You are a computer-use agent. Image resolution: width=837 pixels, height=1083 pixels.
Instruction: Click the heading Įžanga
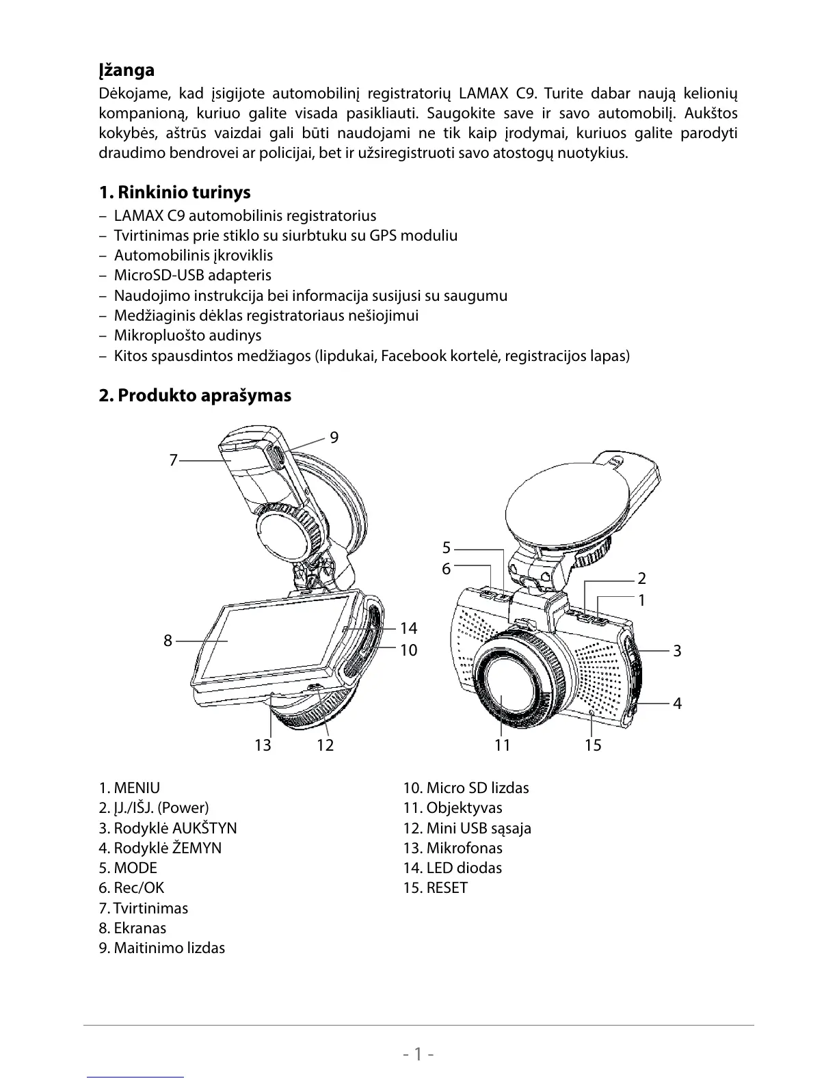127,70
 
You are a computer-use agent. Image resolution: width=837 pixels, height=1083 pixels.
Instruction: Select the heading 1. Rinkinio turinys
174,192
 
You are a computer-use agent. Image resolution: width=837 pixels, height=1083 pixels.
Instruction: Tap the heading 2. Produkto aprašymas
195,395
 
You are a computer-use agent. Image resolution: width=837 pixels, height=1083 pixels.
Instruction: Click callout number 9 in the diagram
334,437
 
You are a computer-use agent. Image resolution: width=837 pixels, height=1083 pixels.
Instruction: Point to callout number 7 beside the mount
173,460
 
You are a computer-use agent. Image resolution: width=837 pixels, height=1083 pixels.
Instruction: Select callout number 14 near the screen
408,628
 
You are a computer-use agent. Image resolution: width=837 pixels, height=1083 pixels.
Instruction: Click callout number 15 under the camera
593,745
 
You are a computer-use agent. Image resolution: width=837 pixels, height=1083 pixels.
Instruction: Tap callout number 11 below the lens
503,745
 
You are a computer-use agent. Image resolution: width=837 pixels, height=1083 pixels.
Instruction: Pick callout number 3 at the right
677,650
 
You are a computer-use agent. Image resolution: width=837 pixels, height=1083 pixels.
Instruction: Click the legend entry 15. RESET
436,887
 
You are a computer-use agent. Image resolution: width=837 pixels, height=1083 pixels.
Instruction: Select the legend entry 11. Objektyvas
453,807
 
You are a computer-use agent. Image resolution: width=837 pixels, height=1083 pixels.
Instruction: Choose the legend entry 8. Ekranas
133,928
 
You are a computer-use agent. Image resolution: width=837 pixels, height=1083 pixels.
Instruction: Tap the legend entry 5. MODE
128,868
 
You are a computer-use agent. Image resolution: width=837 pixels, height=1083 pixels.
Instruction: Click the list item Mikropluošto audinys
187,335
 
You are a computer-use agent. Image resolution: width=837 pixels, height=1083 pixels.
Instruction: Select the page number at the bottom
418,1054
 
